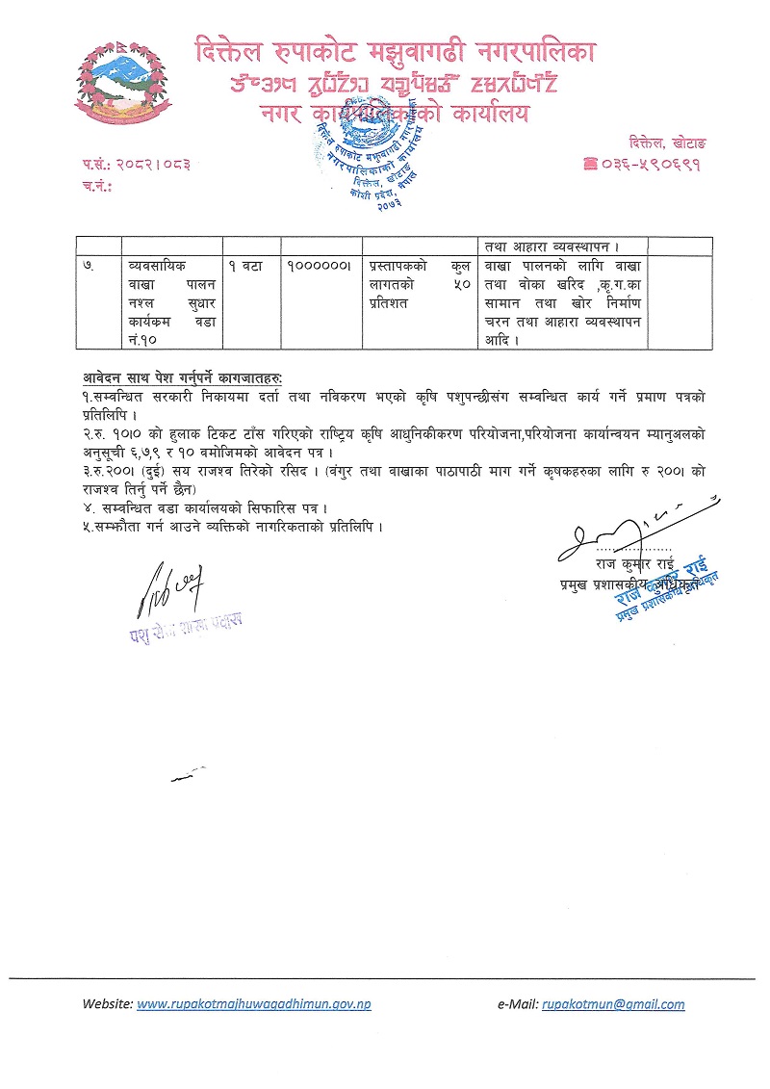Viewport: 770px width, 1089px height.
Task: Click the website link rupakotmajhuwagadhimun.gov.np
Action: tap(254, 1003)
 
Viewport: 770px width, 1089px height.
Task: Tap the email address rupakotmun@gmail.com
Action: tap(613, 1003)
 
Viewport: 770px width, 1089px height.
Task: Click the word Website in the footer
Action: tap(108, 1003)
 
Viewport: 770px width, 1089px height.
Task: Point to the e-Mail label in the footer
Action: tap(517, 1003)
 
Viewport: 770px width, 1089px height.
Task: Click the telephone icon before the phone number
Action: tap(590, 165)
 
